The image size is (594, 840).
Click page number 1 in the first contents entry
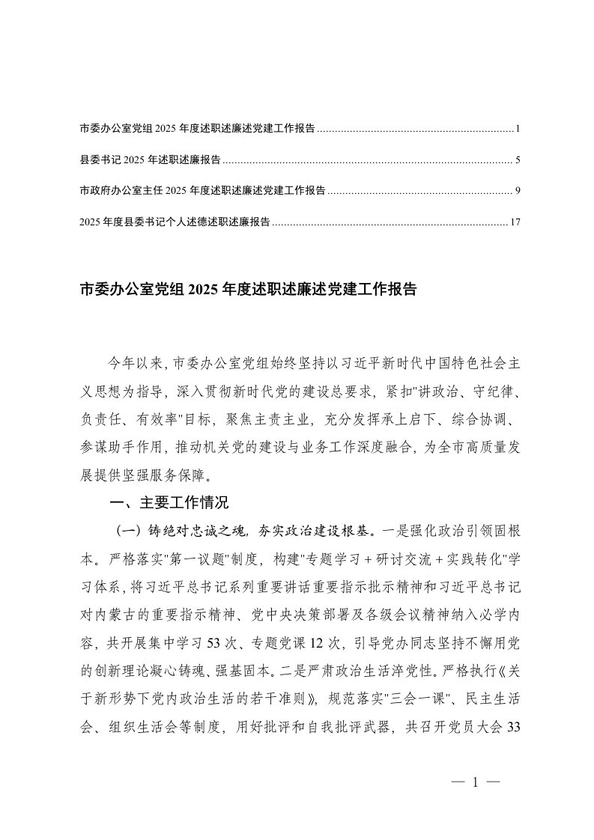[518, 129]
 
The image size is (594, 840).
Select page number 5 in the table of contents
[518, 159]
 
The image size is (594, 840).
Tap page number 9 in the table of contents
[518, 191]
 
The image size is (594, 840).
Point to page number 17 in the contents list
[515, 222]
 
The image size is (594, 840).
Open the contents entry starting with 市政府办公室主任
[202, 191]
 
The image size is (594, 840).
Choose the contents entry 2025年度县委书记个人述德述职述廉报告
[175, 222]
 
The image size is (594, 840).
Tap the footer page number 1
[475, 782]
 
